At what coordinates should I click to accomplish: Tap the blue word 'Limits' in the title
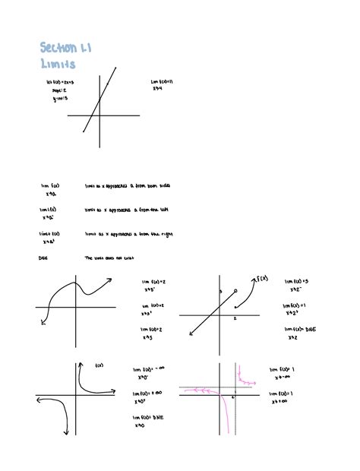click(x=58, y=65)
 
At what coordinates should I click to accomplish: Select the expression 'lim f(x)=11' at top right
click(x=164, y=81)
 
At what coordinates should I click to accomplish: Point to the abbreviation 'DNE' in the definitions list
click(x=43, y=258)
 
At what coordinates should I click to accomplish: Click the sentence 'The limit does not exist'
click(x=109, y=258)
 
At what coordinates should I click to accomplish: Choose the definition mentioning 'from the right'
click(x=117, y=234)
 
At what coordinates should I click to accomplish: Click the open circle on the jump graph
click(x=235, y=290)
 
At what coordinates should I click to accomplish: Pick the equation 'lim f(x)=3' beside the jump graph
click(x=297, y=281)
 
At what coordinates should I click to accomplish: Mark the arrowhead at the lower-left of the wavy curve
click(x=43, y=322)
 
